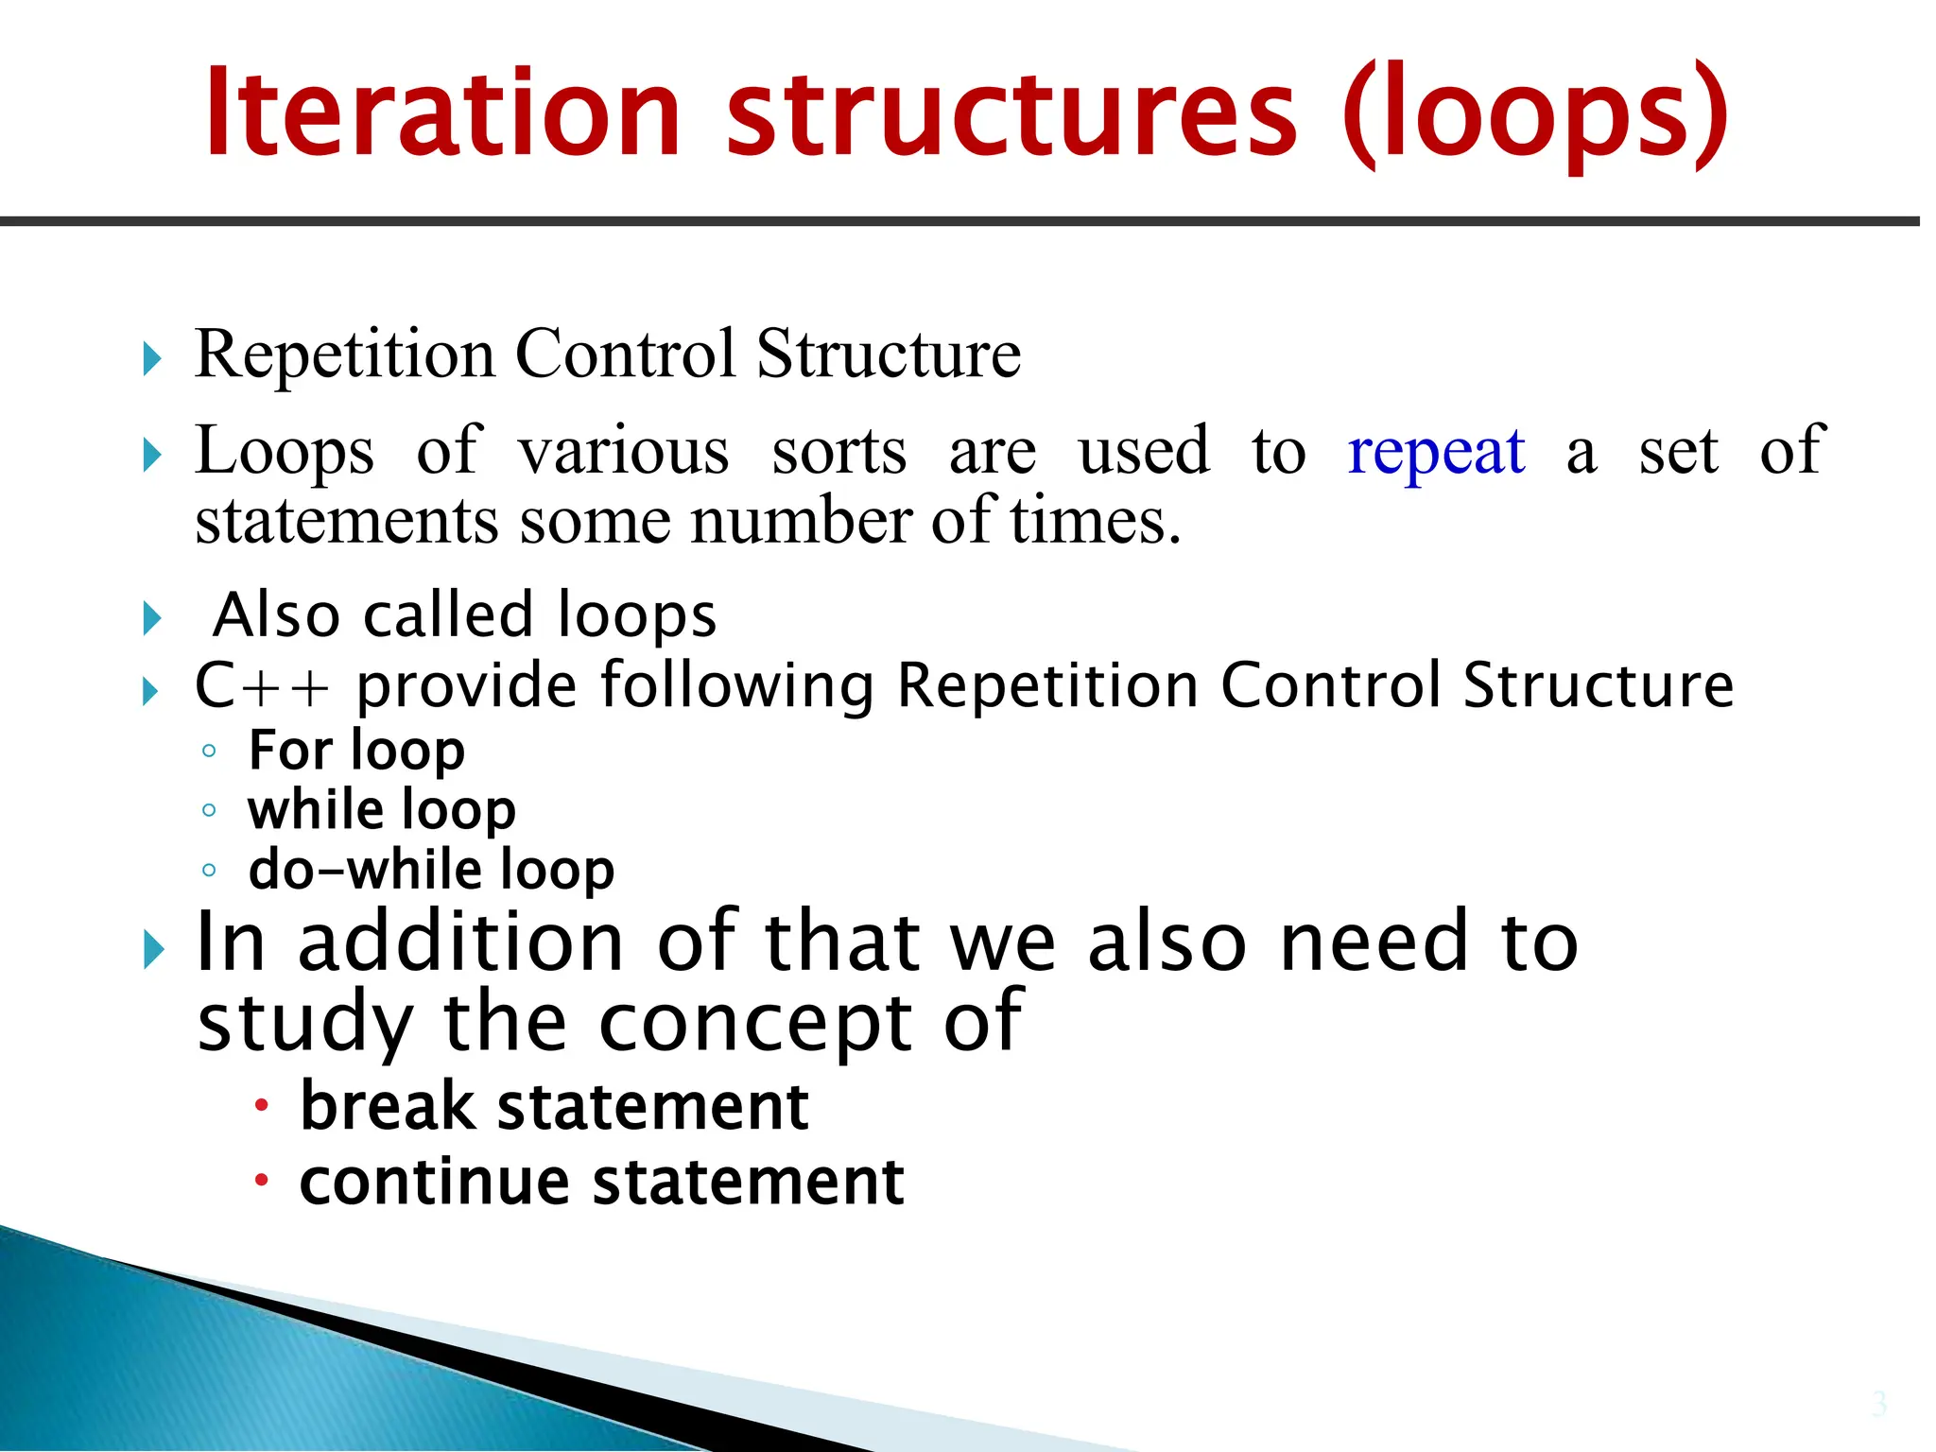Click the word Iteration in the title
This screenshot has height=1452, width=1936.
coord(442,113)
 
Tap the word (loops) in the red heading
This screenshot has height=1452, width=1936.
coord(1535,115)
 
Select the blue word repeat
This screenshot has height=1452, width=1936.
coord(1435,452)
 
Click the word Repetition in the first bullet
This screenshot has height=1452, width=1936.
coord(344,354)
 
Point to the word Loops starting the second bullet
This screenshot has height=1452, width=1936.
coord(284,452)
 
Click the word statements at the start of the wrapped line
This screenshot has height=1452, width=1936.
coord(346,522)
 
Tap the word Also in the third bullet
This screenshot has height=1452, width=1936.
coord(276,615)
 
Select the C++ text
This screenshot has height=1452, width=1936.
coord(262,685)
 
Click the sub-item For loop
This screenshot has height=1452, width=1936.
coord(356,751)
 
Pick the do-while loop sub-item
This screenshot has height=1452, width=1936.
coord(431,870)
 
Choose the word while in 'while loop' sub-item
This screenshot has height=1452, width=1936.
coord(316,810)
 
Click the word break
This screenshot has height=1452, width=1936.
coord(388,1106)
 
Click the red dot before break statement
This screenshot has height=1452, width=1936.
coord(262,1105)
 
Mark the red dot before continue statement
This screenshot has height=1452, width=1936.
coord(262,1180)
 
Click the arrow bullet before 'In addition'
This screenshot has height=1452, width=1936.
coord(153,948)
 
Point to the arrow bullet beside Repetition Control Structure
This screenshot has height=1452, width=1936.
coord(152,359)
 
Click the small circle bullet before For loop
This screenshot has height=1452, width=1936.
coord(209,752)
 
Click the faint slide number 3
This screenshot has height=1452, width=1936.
coord(1878,1404)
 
